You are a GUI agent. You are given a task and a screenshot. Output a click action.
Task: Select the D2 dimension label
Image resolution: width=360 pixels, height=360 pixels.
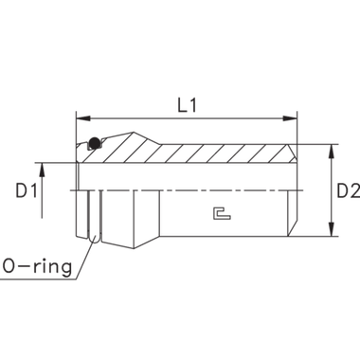346,192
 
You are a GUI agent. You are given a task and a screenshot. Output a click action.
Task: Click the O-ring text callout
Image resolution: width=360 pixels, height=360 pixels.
38,266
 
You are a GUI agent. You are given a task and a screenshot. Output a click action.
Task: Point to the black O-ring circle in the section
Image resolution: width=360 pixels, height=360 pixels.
93,146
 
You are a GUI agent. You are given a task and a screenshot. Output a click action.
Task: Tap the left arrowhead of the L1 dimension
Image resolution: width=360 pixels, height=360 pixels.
80,119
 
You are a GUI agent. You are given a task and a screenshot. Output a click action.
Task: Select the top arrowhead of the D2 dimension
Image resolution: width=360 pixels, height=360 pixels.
330,150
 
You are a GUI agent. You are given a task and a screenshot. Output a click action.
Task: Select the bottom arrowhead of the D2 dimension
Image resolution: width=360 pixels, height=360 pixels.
330,232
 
